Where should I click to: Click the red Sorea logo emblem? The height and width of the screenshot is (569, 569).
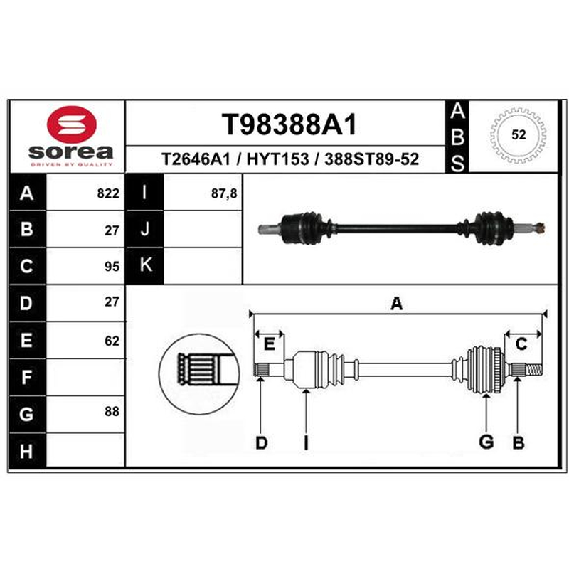coord(72,124)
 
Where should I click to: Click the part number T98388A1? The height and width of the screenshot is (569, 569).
coord(289,124)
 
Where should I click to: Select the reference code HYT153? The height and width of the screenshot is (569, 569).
coord(277,159)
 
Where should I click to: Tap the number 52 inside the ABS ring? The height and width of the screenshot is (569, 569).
coord(519,134)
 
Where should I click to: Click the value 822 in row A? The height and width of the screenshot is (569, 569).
coord(108,193)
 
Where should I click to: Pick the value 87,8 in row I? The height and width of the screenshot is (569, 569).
coord(224,193)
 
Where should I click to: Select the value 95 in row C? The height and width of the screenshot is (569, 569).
coord(112,267)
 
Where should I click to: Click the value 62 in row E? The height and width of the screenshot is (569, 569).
coord(112,341)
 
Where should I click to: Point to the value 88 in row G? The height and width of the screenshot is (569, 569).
coord(112,411)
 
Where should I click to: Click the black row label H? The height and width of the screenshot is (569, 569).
coord(27,450)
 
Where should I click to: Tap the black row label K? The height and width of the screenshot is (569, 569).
coord(144,265)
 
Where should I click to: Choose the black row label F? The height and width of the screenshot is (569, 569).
coord(27,377)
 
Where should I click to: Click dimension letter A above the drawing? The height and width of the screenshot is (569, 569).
coord(397,304)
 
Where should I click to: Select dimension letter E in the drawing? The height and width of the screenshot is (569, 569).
coord(269,344)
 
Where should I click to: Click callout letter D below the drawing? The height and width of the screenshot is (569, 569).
coord(261,442)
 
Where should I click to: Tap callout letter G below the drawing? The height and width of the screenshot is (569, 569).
coord(486,442)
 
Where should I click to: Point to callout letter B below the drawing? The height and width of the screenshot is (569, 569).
coord(519,442)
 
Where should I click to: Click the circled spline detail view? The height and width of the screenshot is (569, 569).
coord(199,374)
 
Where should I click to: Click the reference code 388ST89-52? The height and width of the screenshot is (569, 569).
coord(371,159)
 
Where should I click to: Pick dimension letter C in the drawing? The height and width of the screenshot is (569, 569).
coord(521,344)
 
